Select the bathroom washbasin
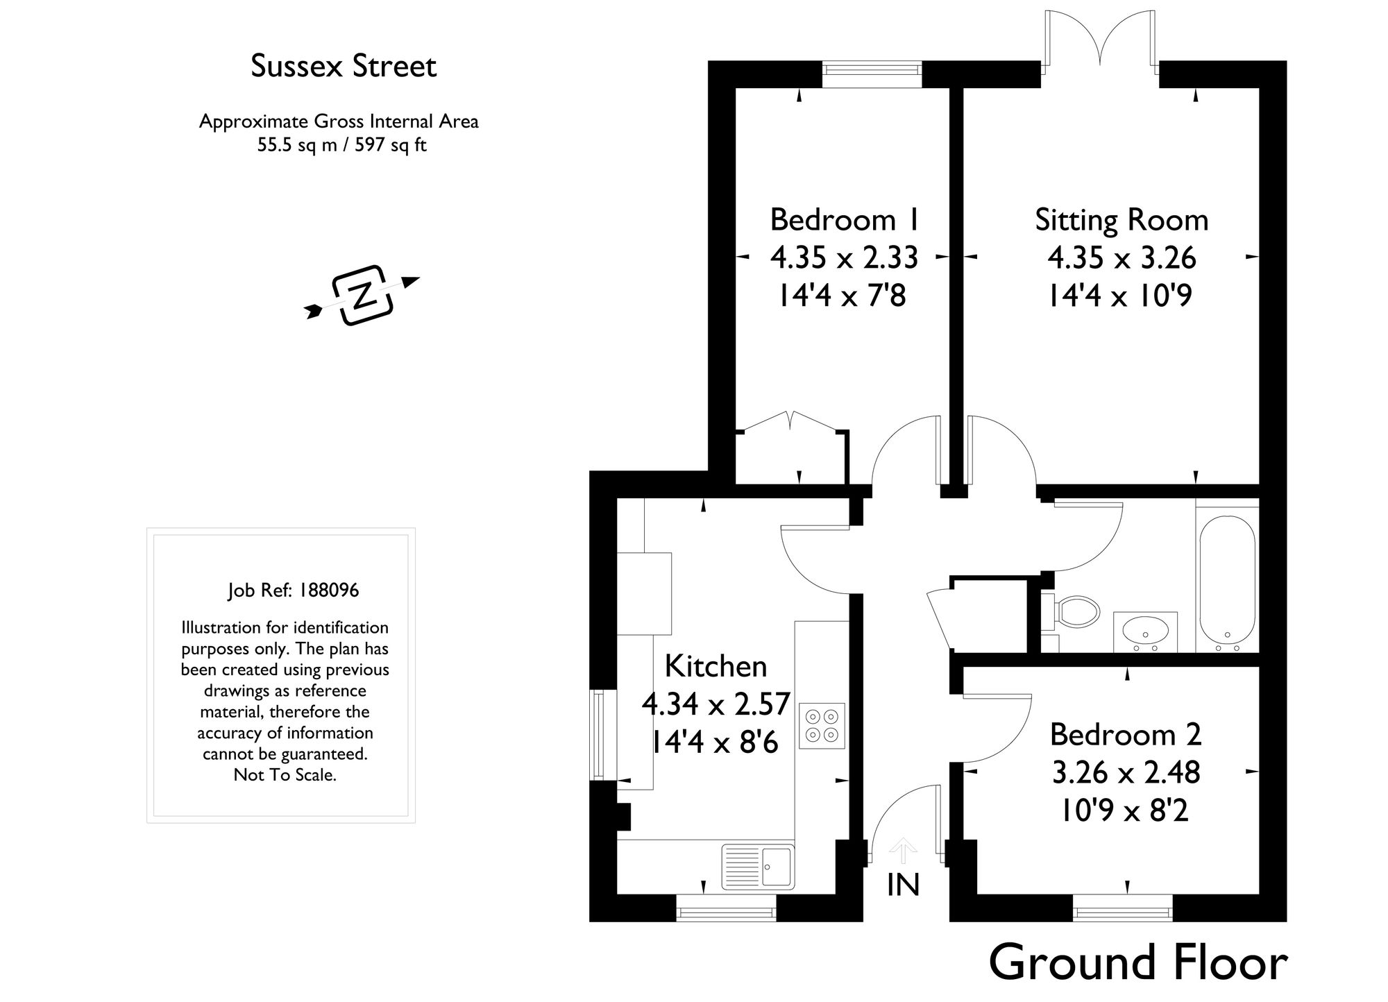point(1145,631)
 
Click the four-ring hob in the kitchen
point(822,725)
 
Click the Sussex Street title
point(344,67)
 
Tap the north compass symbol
point(362,296)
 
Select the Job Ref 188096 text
point(293,591)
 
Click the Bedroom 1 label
point(845,220)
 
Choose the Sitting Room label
point(1122,220)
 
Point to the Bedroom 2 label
point(1125,734)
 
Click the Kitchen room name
point(716,666)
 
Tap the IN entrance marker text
point(903,885)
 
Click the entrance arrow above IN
point(903,851)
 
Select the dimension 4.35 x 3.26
point(1122,258)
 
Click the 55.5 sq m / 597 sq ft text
point(341,146)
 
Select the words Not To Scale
point(285,775)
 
